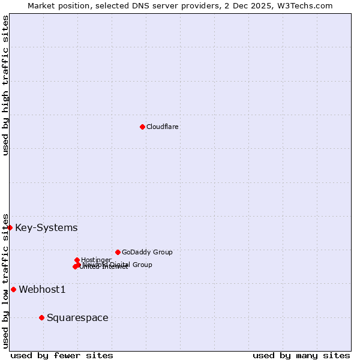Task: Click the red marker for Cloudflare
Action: point(142,127)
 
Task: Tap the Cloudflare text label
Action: point(162,127)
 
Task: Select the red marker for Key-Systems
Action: point(10,227)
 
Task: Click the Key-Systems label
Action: point(46,228)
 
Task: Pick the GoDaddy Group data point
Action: point(118,252)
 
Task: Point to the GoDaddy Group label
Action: point(147,252)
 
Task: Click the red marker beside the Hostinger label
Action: point(77,260)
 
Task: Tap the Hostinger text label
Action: point(96,260)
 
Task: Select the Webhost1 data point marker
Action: point(13,289)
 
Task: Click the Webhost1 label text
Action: point(42,290)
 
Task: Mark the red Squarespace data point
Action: point(41,317)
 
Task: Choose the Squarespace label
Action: point(77,318)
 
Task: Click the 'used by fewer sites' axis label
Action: point(62,355)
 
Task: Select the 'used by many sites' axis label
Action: point(301,355)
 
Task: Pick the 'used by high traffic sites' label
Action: point(5,85)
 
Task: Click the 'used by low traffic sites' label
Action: point(5,280)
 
